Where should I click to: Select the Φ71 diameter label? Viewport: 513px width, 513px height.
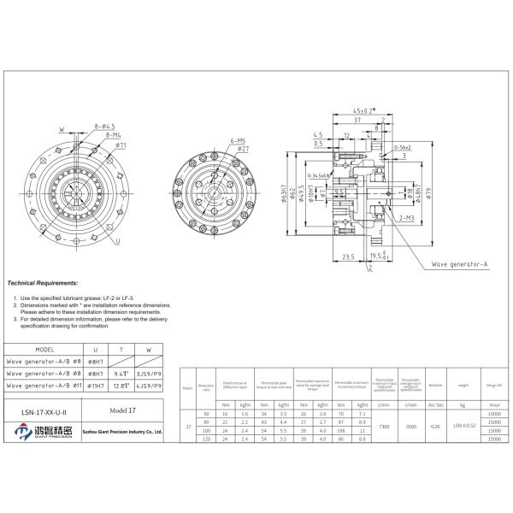point(122,146)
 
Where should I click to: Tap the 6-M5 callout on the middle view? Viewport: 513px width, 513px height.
point(237,139)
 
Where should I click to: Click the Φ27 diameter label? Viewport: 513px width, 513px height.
point(244,149)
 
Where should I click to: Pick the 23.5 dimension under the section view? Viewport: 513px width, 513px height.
point(348,256)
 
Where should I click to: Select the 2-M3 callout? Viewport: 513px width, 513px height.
point(406,220)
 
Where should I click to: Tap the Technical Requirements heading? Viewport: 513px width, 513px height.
point(42,282)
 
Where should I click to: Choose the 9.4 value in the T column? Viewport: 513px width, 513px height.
point(121,374)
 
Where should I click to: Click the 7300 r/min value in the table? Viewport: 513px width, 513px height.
point(385,425)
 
